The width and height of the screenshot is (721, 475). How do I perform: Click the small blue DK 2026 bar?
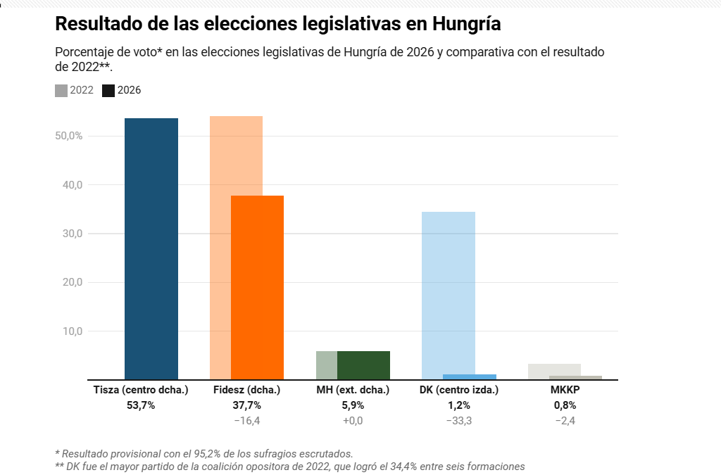470,376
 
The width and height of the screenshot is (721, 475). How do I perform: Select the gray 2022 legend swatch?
61,90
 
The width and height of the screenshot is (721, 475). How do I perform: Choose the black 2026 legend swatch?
108,90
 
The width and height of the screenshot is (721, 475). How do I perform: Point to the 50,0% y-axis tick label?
69,136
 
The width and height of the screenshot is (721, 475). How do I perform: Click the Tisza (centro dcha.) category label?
141,389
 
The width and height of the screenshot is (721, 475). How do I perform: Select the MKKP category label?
565,389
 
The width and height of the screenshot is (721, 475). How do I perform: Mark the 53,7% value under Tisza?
141,405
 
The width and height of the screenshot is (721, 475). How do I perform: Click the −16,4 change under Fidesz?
246,421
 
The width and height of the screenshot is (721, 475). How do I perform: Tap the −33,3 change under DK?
459,421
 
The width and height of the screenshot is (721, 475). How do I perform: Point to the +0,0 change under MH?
353,421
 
